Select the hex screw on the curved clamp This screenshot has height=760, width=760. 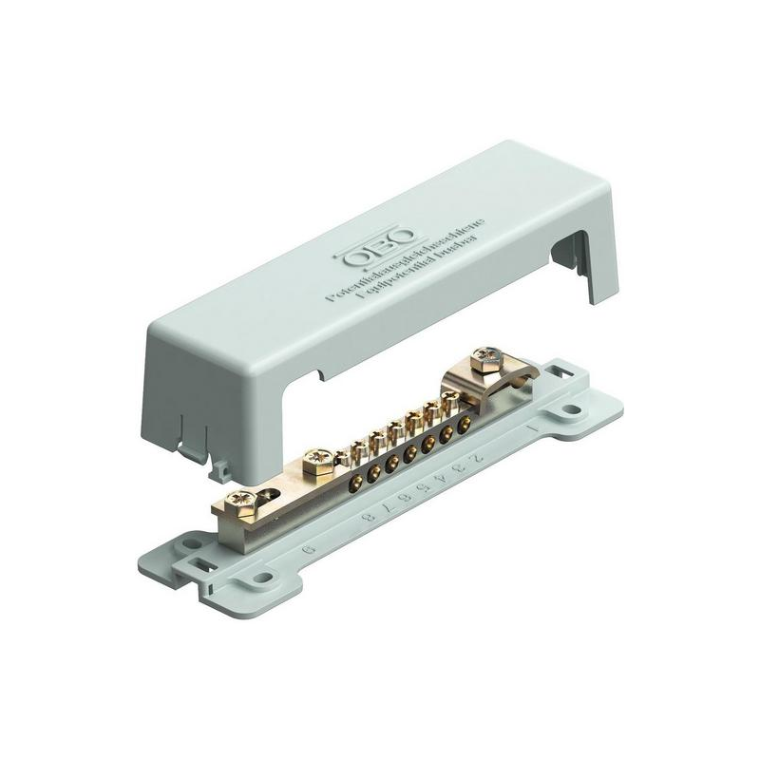pos(485,359)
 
